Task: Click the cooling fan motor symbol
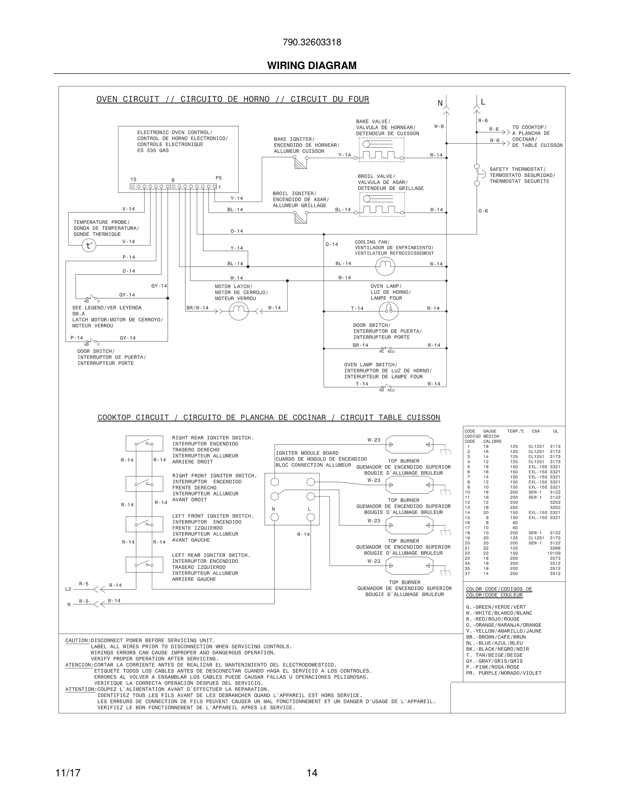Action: click(385, 266)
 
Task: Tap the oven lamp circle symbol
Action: click(388, 311)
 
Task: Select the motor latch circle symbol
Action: click(239, 311)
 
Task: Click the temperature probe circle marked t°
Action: click(89, 245)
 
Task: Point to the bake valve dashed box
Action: click(381, 150)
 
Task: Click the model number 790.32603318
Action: click(312, 42)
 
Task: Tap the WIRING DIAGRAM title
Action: click(312, 66)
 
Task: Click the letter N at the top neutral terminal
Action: click(440, 103)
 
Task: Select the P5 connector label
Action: click(219, 178)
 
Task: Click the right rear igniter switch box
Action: click(144, 443)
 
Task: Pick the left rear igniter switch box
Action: click(144, 565)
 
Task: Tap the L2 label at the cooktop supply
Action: click(68, 589)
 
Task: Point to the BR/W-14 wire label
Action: click(197, 308)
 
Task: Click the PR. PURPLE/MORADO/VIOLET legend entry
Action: click(503, 673)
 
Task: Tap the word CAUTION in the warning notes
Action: click(77, 640)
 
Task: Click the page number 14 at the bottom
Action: click(312, 773)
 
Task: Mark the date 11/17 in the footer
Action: click(68, 773)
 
